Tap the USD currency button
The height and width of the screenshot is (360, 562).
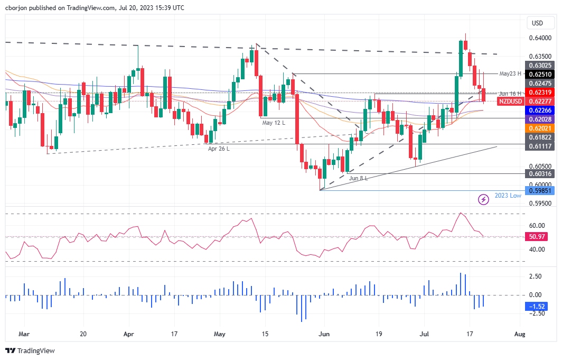(x=537, y=23)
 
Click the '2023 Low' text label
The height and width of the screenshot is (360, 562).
(x=508, y=196)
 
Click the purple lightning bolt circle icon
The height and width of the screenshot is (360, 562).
(x=483, y=199)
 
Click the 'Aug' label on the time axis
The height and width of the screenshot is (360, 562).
(x=520, y=334)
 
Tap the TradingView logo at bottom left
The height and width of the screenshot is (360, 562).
(x=30, y=350)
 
